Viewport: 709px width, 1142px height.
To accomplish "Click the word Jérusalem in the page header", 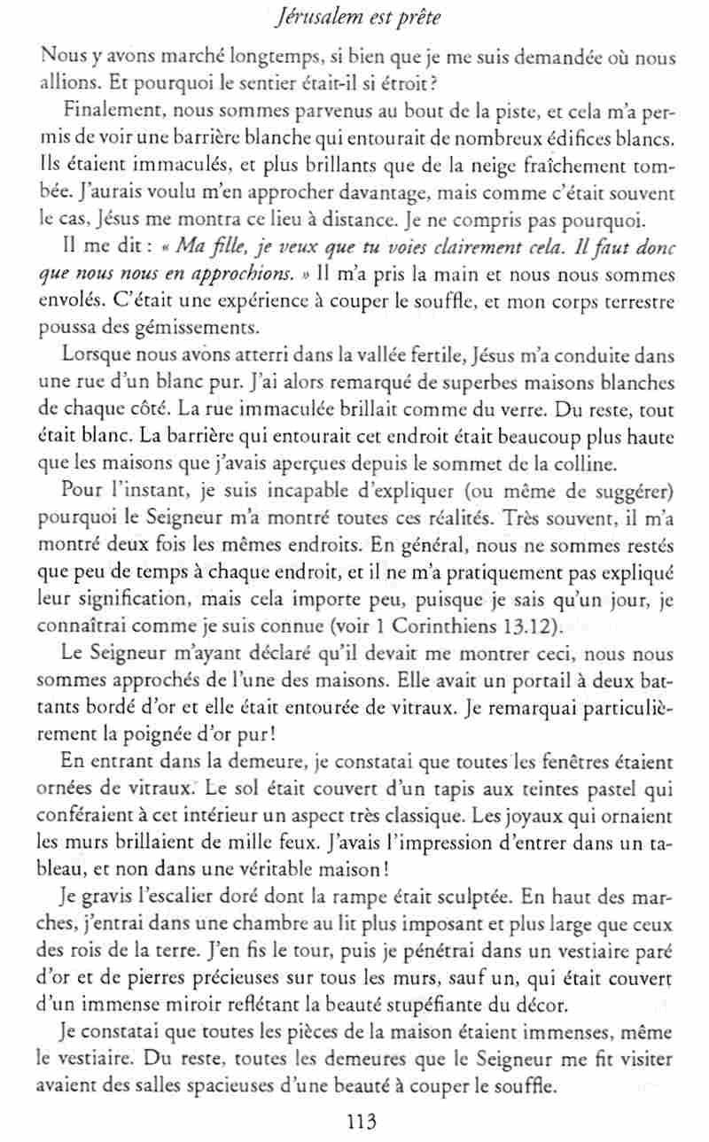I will (305, 18).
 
